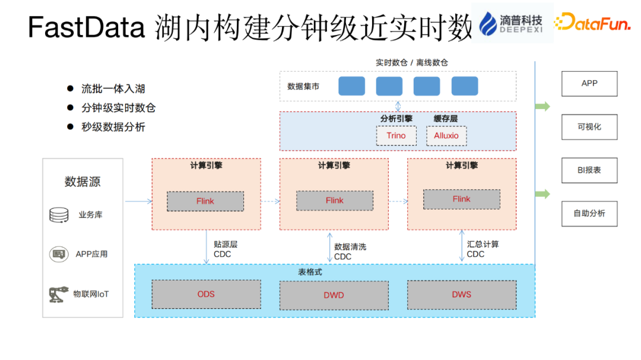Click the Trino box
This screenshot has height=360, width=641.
pyautogui.click(x=396, y=136)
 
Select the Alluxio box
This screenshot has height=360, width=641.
pyautogui.click(x=446, y=136)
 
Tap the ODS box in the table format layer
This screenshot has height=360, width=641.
pyautogui.click(x=206, y=294)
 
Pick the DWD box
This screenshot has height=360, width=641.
pyautogui.click(x=334, y=295)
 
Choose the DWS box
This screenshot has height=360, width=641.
pyautogui.click(x=461, y=294)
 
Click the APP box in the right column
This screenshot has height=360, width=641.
pyautogui.click(x=589, y=84)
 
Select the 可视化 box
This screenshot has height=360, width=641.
pyautogui.click(x=589, y=127)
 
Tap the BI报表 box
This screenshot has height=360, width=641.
pyautogui.click(x=589, y=170)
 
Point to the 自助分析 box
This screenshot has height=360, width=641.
pyautogui.click(x=589, y=214)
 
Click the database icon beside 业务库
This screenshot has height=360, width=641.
pyautogui.click(x=59, y=215)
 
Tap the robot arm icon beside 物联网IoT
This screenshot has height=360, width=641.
pyautogui.click(x=58, y=294)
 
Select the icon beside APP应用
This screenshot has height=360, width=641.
pyautogui.click(x=59, y=254)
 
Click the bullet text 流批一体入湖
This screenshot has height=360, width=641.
pyautogui.click(x=113, y=89)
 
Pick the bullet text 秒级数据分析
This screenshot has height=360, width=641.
pyautogui.click(x=113, y=127)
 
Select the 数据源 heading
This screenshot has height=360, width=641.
pyautogui.click(x=82, y=182)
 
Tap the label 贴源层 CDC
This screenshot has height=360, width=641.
pyautogui.click(x=225, y=249)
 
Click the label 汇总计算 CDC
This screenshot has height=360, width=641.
pyautogui.click(x=483, y=249)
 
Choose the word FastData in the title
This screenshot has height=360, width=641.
pyautogui.click(x=87, y=27)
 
